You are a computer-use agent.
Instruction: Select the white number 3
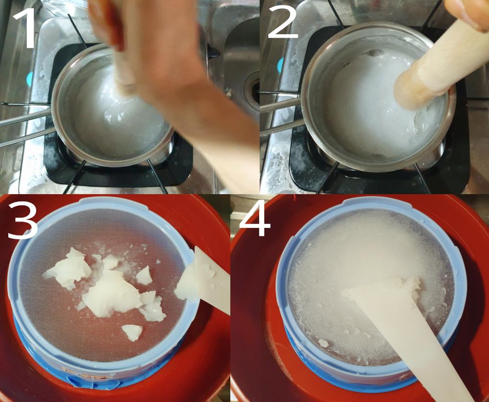[x=22, y=220]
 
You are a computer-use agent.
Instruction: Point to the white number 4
[x=254, y=218]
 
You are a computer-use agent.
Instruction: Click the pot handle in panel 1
[x=25, y=125]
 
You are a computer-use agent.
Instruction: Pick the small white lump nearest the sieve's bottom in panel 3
[x=132, y=332]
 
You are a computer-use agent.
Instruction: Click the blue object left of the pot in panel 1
[x=30, y=79]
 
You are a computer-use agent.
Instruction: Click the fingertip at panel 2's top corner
[x=466, y=13]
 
